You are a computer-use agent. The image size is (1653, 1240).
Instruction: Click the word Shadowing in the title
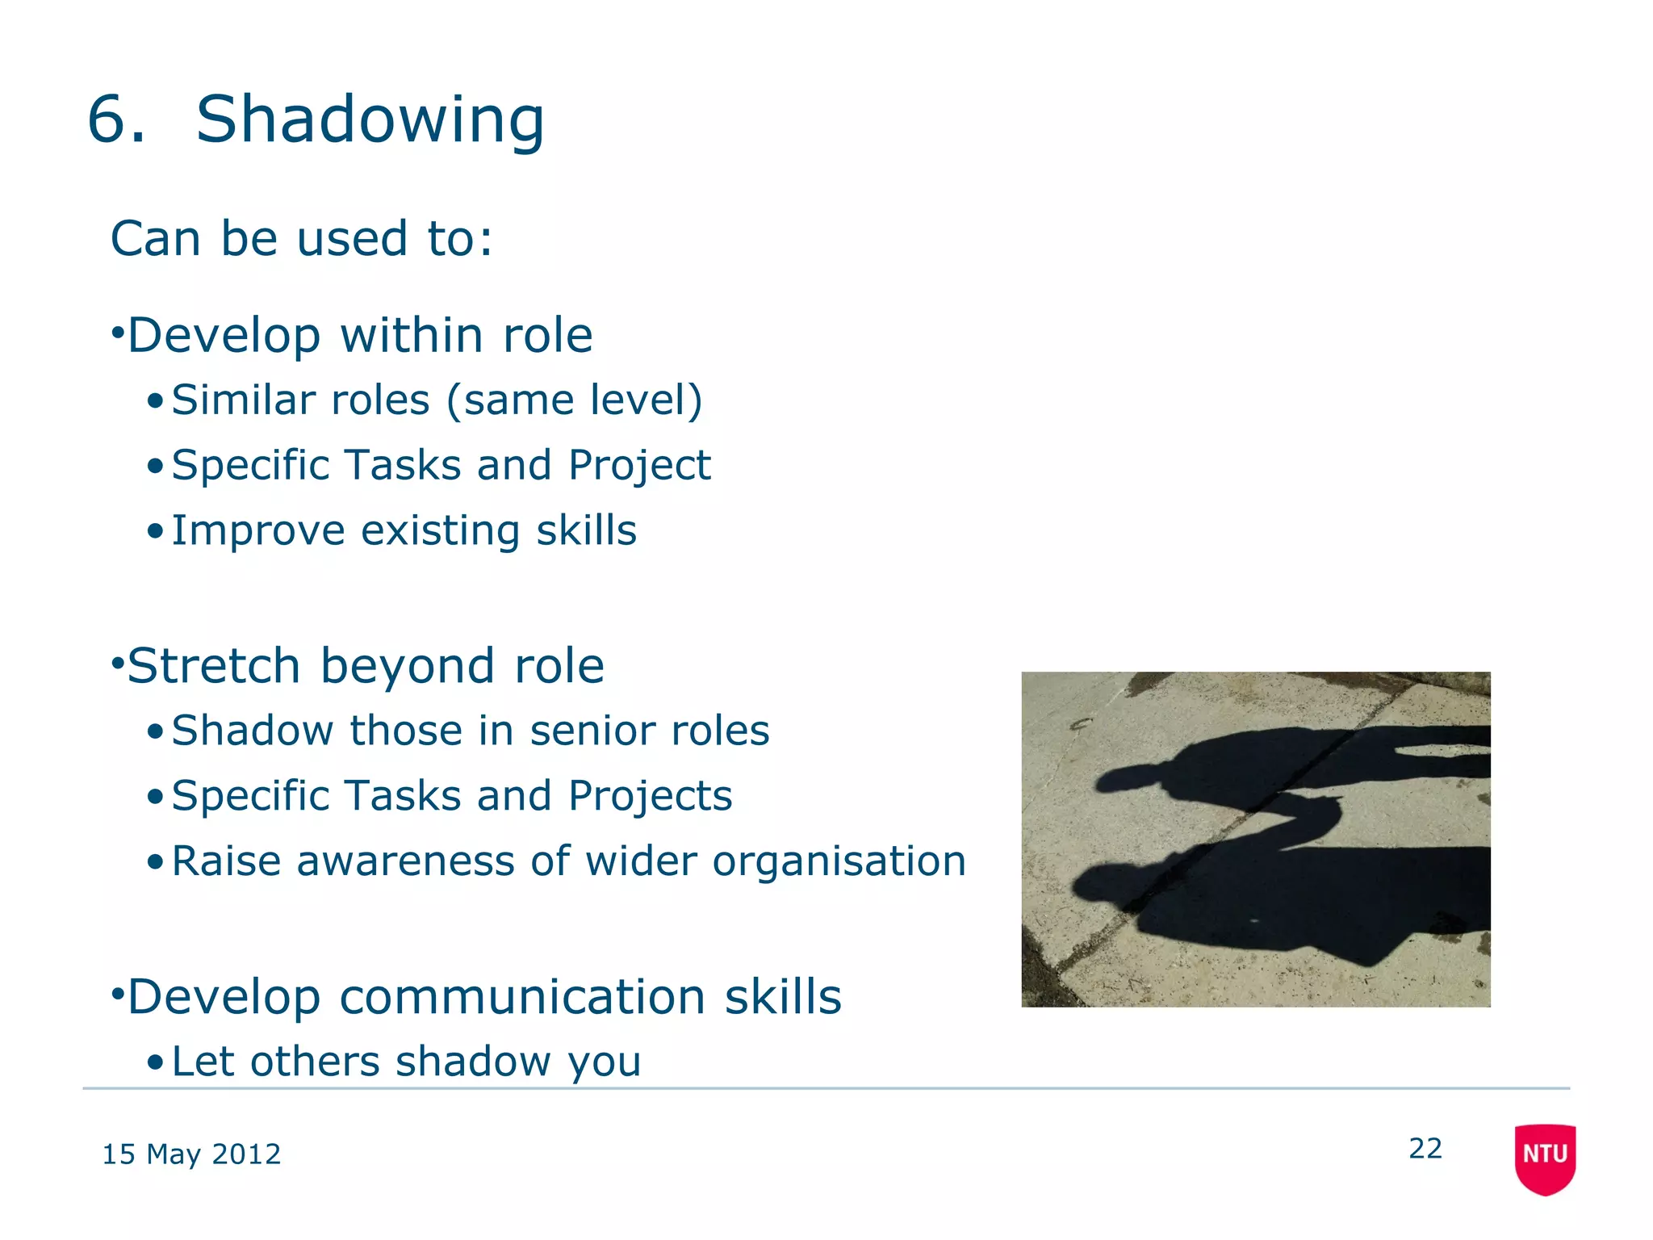[x=370, y=119]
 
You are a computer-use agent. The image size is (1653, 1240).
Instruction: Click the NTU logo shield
[x=1545, y=1157]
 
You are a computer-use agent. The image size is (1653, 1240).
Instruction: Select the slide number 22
[x=1425, y=1148]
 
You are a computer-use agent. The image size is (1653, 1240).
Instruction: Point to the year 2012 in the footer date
[x=246, y=1154]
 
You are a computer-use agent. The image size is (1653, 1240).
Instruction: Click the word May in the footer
[x=173, y=1155]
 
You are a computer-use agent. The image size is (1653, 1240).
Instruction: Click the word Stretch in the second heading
[x=214, y=666]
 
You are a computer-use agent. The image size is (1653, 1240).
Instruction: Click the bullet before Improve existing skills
[x=156, y=532]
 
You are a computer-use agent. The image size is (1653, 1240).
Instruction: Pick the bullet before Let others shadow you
[x=156, y=1062]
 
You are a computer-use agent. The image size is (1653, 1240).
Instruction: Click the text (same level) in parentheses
[x=574, y=400]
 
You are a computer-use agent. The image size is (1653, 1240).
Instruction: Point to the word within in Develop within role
[x=411, y=335]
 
